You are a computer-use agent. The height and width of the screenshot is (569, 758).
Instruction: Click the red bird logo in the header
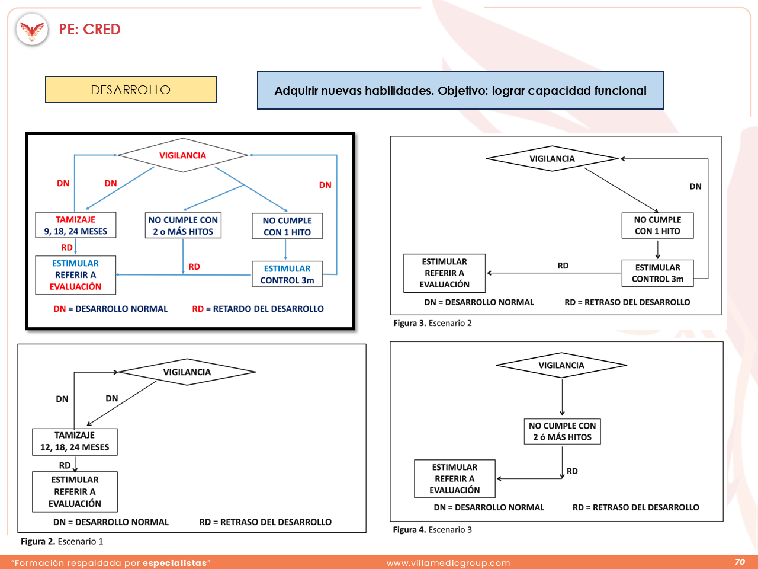pos(32,30)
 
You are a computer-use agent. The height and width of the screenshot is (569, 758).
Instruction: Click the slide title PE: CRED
pos(89,30)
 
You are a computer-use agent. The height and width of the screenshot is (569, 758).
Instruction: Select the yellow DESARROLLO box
pos(131,89)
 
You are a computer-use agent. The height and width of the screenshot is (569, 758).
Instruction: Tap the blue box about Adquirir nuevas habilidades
pos(460,91)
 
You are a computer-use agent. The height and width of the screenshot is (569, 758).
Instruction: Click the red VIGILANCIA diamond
pos(182,155)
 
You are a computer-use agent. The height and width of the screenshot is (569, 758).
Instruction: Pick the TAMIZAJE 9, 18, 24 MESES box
pos(76,225)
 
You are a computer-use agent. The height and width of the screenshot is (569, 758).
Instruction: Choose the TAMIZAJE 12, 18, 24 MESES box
pos(75,442)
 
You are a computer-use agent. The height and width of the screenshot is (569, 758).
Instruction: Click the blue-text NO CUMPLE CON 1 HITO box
pos(287,226)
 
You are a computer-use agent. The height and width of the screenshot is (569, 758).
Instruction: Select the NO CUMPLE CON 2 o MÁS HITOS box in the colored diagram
pos(183,225)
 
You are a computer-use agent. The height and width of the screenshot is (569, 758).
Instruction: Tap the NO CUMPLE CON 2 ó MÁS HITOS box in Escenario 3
pos(562,431)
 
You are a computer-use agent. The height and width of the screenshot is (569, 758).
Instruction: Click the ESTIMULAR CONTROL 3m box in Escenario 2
pos(657,273)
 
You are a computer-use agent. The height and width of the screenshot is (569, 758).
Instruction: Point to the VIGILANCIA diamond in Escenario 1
pos(187,372)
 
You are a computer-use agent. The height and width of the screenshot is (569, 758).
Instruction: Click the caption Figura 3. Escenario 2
pos(432,324)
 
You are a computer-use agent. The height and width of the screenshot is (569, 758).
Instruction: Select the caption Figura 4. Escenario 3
pos(432,530)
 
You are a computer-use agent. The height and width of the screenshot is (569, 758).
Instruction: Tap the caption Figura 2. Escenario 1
pos(62,541)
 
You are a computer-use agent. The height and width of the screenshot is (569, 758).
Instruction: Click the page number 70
pos(740,562)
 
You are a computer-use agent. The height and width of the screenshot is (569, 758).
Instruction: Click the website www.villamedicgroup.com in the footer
pos(448,563)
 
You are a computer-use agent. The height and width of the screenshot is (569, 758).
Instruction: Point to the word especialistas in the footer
pos(175,563)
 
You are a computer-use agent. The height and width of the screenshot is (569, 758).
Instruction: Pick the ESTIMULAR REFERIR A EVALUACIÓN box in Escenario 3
pos(454,478)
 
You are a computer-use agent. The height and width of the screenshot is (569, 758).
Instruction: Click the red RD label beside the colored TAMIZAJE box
pos(67,247)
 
